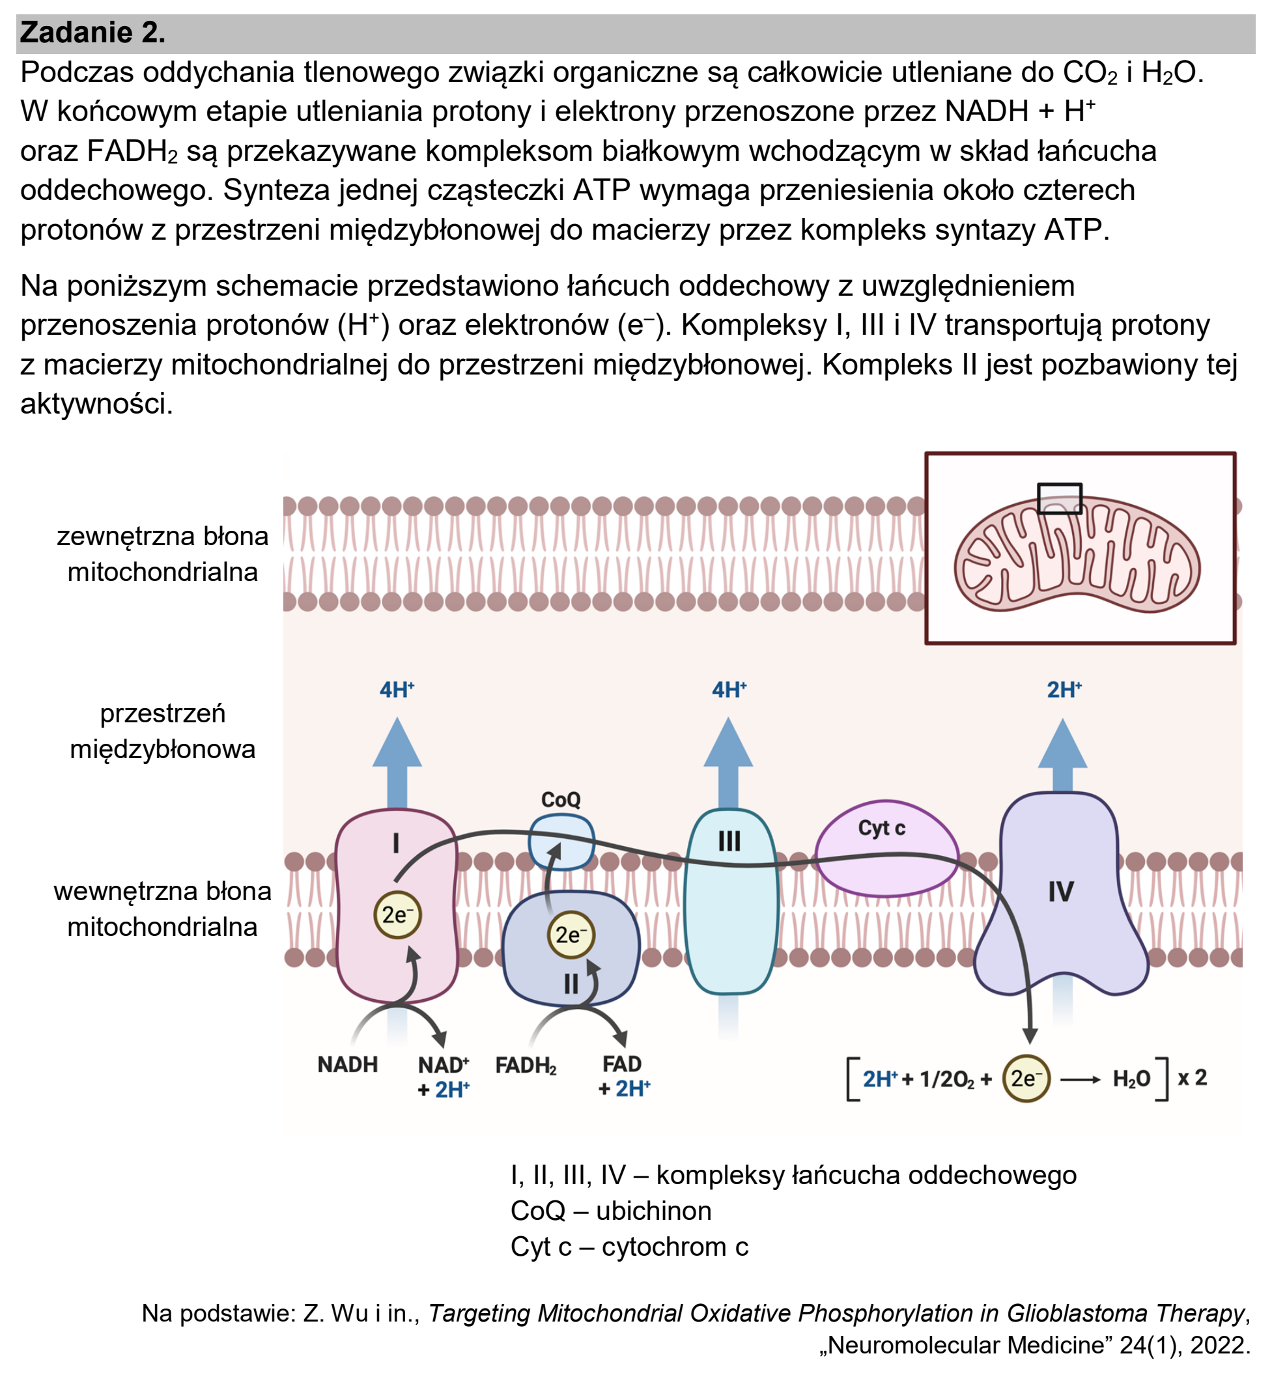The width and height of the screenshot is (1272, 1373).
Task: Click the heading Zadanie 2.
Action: (92, 33)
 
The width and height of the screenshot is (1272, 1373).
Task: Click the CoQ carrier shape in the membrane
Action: (561, 842)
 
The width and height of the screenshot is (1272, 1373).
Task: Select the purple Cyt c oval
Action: (886, 849)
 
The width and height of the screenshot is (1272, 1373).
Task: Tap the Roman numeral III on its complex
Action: (729, 841)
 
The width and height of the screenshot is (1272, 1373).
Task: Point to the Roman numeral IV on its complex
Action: (1061, 892)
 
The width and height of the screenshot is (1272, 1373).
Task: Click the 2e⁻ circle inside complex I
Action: (397, 915)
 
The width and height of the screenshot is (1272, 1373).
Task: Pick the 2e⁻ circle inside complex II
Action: (571, 935)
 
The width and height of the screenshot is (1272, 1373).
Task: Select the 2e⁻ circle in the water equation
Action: (1026, 1079)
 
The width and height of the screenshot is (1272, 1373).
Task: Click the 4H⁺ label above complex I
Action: (397, 689)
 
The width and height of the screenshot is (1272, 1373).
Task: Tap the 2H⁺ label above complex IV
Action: (1064, 689)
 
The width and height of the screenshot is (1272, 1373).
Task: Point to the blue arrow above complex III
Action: (728, 763)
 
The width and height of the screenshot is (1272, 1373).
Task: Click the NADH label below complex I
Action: (348, 1065)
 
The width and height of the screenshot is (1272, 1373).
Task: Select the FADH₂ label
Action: (526, 1066)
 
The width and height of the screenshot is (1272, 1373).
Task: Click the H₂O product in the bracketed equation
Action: (1131, 1079)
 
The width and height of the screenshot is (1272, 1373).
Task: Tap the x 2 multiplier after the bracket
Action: (1192, 1077)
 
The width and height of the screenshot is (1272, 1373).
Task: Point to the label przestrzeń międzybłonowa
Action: (162, 731)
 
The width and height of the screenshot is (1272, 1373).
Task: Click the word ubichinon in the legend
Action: (653, 1211)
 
